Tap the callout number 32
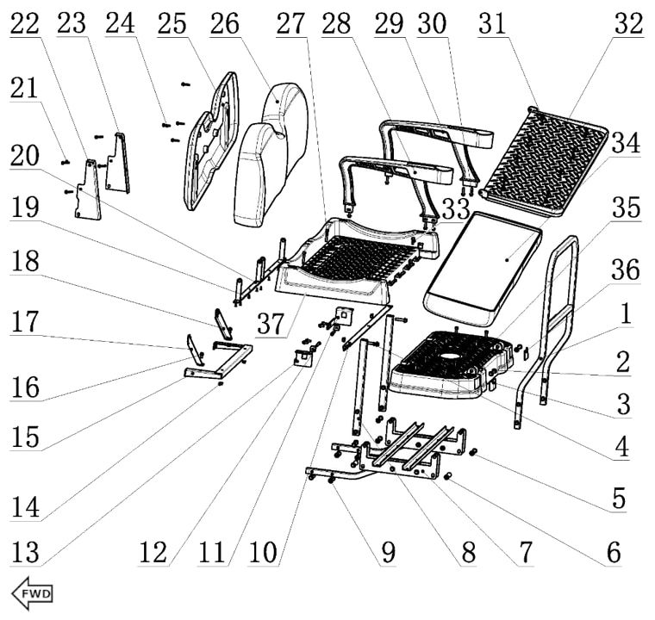[629, 25]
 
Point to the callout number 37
[272, 325]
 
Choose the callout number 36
[626, 270]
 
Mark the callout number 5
[614, 498]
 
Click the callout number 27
[290, 25]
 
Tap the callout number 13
[25, 553]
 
